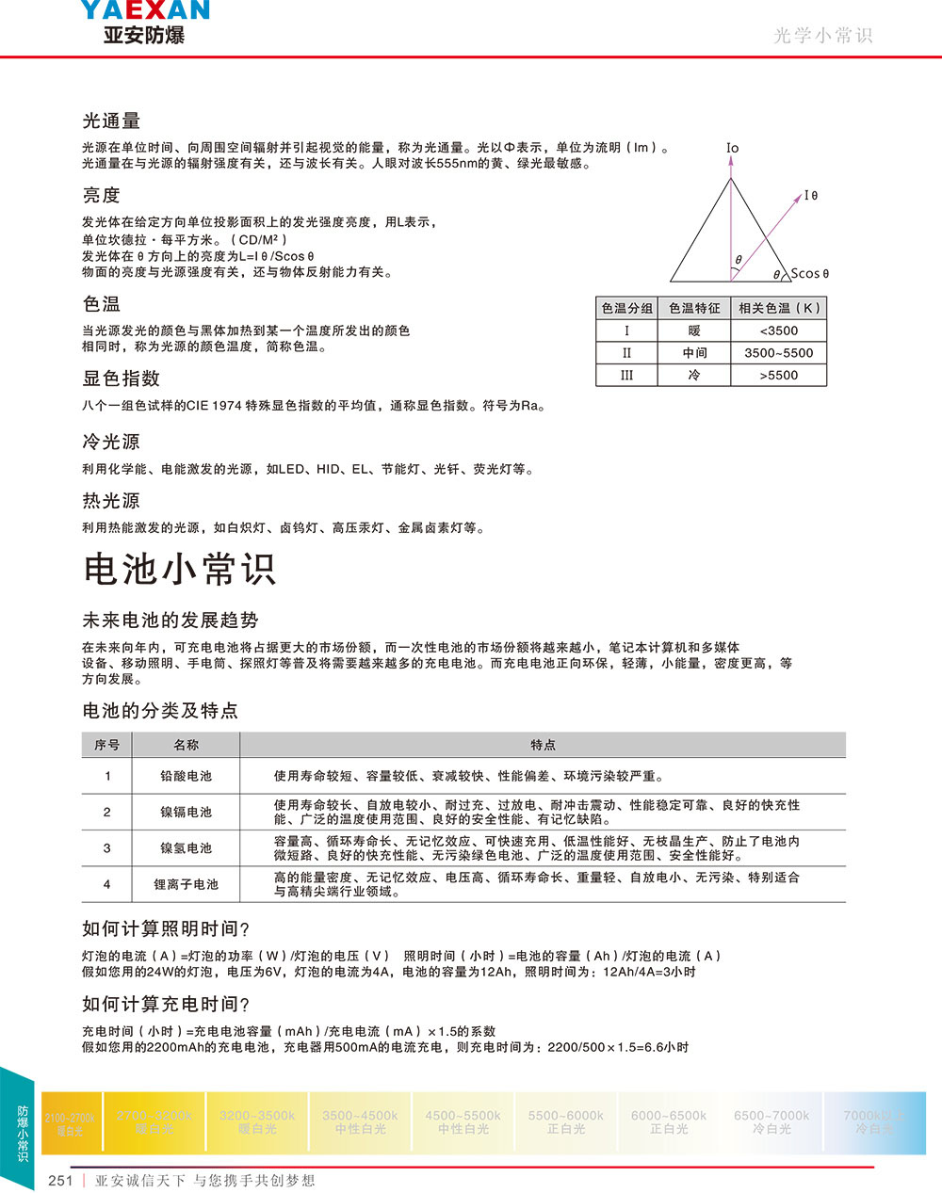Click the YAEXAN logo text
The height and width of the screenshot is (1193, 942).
pyautogui.click(x=144, y=10)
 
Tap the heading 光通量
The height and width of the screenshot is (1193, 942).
pyautogui.click(x=111, y=121)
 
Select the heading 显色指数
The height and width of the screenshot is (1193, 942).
pyautogui.click(x=121, y=379)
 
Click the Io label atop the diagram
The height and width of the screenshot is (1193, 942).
pyautogui.click(x=732, y=148)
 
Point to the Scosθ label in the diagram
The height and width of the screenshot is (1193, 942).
pyautogui.click(x=809, y=274)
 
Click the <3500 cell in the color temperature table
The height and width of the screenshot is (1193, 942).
pyautogui.click(x=778, y=330)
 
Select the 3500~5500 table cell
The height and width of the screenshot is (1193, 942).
pyautogui.click(x=778, y=353)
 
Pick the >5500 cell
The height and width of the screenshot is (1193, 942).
pyautogui.click(x=778, y=375)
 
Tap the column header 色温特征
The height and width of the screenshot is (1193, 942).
pyautogui.click(x=694, y=308)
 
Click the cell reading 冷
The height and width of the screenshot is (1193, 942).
pyautogui.click(x=694, y=375)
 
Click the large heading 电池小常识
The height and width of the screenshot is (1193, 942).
pyautogui.click(x=179, y=569)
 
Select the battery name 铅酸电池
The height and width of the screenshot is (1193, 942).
pyautogui.click(x=186, y=776)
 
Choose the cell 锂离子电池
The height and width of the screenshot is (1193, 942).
pyautogui.click(x=186, y=884)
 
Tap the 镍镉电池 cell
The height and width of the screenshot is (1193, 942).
pyautogui.click(x=186, y=812)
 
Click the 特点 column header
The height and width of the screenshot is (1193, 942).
pyautogui.click(x=543, y=745)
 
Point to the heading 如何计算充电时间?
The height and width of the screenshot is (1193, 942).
pyautogui.click(x=166, y=1004)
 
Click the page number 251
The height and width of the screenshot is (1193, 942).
pyautogui.click(x=60, y=1181)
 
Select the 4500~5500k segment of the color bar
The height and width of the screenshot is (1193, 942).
pyautogui.click(x=463, y=1121)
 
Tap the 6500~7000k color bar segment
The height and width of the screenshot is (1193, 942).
pyautogui.click(x=771, y=1121)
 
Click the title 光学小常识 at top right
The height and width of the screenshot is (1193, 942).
pyautogui.click(x=822, y=36)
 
